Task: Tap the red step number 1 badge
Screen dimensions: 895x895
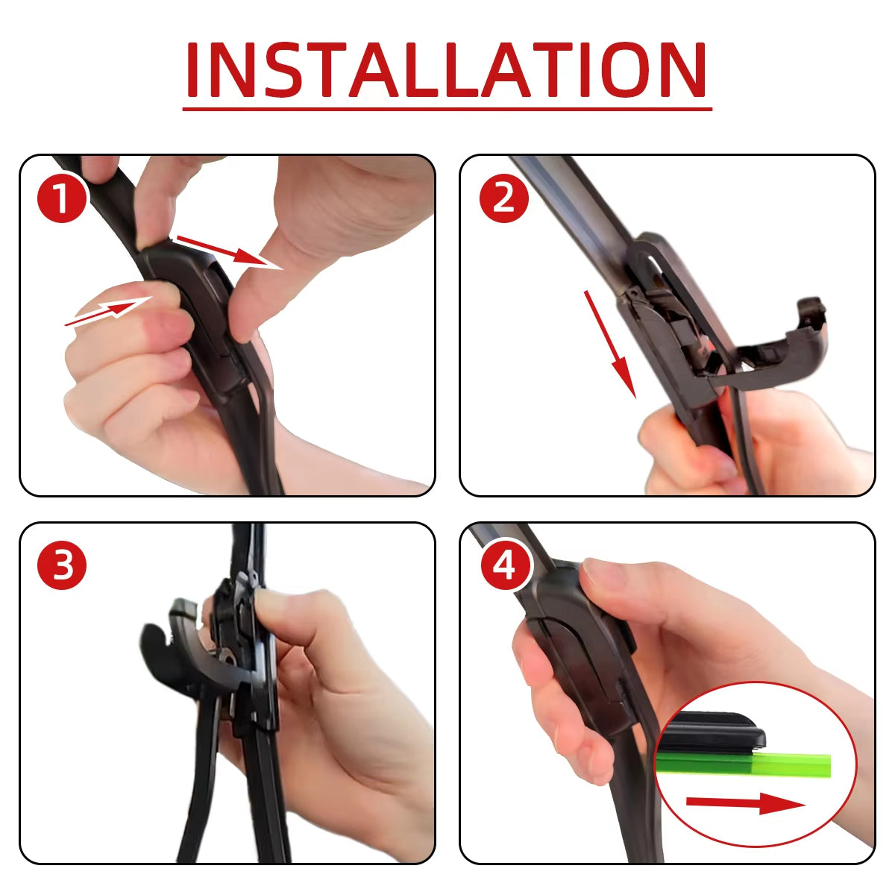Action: [x=63, y=197]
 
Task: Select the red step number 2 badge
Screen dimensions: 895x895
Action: [x=504, y=197]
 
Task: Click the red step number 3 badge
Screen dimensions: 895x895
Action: [x=63, y=565]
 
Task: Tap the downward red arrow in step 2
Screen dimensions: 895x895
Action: [x=610, y=343]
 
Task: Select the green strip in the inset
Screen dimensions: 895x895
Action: [x=746, y=764]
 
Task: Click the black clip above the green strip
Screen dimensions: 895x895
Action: [x=713, y=732]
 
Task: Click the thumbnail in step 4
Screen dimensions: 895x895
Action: [x=597, y=574]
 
